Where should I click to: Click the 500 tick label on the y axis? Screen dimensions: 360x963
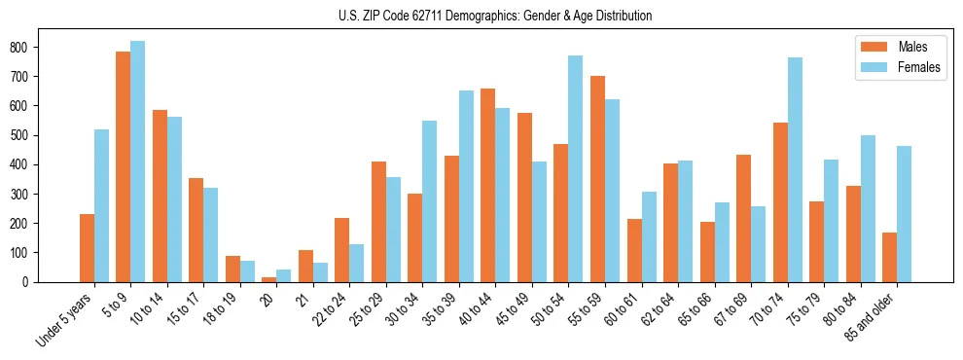point(24,135)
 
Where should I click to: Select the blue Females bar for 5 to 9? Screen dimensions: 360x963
point(137,162)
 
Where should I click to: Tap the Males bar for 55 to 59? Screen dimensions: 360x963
point(597,179)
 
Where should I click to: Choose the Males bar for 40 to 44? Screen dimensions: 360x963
point(487,185)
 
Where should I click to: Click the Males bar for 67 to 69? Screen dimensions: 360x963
point(743,218)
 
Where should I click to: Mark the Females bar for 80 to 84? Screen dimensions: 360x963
point(867,208)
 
